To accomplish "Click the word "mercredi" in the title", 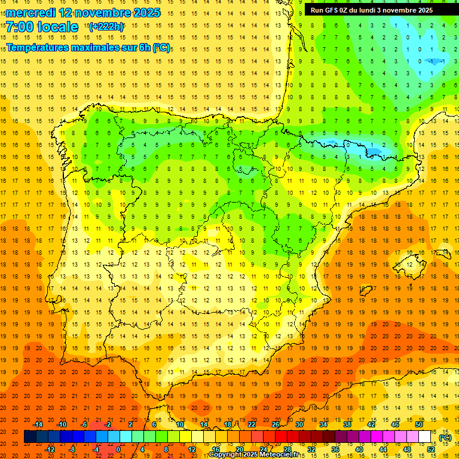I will [31, 13].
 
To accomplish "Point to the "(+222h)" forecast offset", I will [106, 26].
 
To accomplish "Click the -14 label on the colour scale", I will [38, 424].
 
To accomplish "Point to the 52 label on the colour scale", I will [431, 449].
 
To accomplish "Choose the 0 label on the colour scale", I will [118, 449].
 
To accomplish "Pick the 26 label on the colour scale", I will [276, 424].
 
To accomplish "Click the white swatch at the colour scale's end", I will [425, 437].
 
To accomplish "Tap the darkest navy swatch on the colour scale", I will [30, 437].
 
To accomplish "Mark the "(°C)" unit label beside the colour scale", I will [445, 437].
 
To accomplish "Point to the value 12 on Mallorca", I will [409, 264].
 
